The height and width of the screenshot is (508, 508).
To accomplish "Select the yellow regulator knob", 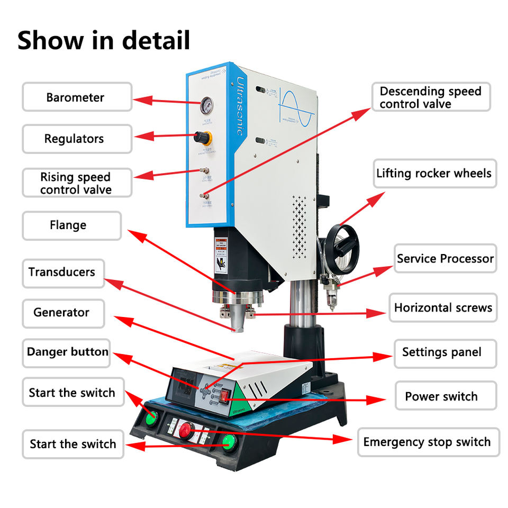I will [x=203, y=138].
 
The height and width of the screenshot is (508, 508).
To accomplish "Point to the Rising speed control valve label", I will [x=76, y=183].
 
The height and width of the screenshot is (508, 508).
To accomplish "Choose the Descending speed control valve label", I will [x=431, y=97].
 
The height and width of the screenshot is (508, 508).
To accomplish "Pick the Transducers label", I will [x=62, y=273].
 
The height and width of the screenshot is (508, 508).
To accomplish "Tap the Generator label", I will [x=62, y=313].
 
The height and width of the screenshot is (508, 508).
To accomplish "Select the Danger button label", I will [x=67, y=352].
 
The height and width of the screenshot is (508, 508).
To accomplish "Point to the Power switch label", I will [x=442, y=396].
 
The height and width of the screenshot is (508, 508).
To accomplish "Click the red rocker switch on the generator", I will [x=225, y=395].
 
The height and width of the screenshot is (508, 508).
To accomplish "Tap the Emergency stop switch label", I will [x=427, y=442].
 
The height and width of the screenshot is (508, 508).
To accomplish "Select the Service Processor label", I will [x=444, y=259].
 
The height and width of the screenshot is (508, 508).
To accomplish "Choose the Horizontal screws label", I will [x=443, y=308].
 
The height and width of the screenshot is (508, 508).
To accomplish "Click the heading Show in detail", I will [x=104, y=41].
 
